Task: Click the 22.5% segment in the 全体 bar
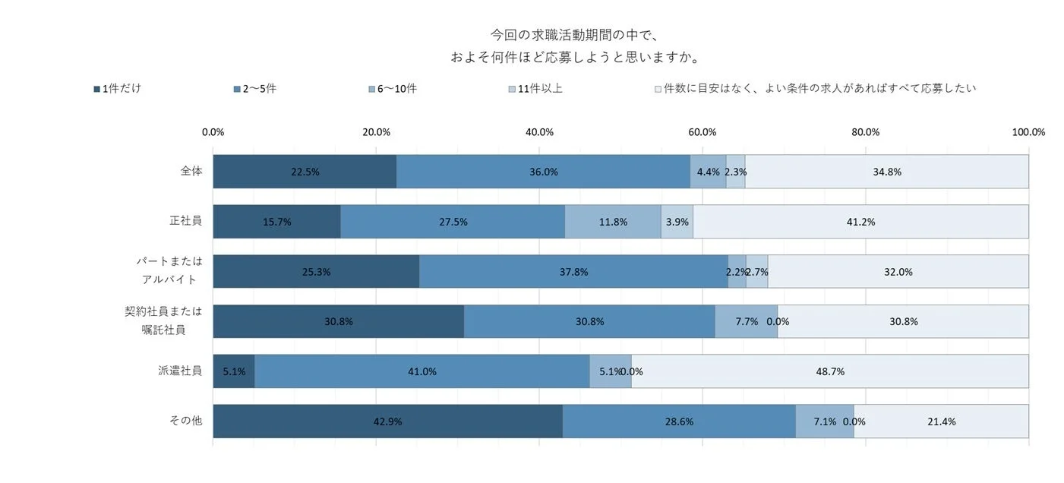point(305,172)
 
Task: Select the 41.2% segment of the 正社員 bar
point(860,222)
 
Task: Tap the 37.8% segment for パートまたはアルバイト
point(573,272)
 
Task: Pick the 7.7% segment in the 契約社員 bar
point(746,321)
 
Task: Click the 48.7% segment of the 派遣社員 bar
point(829,371)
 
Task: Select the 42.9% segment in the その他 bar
point(387,421)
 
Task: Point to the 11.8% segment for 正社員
point(612,222)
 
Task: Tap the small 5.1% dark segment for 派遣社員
point(234,371)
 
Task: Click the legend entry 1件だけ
point(117,88)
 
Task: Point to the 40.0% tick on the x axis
point(539,132)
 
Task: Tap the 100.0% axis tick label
point(1028,132)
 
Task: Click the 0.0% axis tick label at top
point(213,132)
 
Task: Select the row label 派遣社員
point(180,371)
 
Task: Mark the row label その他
point(185,421)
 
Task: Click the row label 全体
point(191,171)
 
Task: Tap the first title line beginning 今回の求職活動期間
point(573,35)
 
